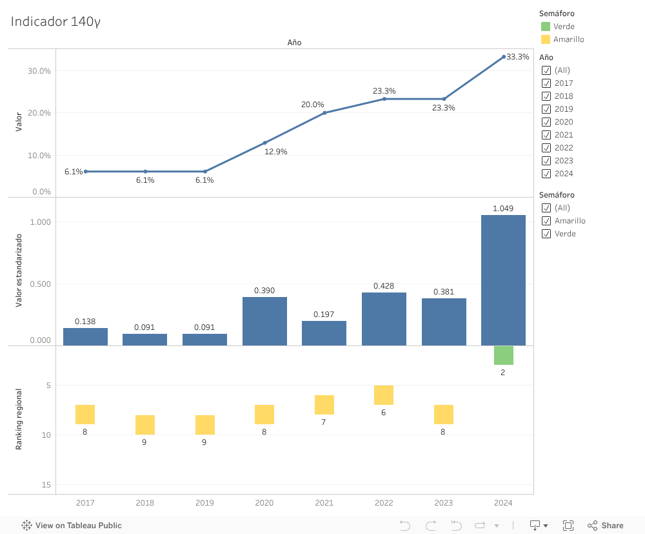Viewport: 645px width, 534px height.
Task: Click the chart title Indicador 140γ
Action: tap(55, 21)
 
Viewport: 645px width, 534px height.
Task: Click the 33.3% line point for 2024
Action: tap(504, 57)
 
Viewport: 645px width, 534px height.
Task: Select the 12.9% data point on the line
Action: tap(264, 143)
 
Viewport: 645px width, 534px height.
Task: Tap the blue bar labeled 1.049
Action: tap(503, 280)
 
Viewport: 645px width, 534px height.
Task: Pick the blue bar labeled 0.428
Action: tap(384, 318)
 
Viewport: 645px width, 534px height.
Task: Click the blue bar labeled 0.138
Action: tap(85, 336)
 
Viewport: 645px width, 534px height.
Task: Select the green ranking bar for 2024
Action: tap(503, 355)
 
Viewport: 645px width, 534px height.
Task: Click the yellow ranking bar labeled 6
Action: tap(384, 395)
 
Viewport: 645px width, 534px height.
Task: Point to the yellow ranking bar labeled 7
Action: tap(324, 404)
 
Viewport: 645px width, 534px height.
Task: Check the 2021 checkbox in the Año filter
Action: tap(546, 135)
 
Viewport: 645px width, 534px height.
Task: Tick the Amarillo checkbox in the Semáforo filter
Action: tap(546, 221)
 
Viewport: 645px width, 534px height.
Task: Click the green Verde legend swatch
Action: tap(546, 26)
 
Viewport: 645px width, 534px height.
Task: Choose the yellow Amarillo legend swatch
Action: tap(546, 39)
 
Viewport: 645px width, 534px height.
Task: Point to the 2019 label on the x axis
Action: tap(204, 503)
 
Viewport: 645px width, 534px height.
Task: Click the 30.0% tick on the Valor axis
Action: tap(39, 71)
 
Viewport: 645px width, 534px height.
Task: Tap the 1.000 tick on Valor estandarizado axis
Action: tap(40, 222)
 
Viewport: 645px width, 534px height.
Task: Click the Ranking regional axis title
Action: tap(19, 419)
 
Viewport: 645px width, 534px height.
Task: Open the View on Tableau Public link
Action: tap(72, 526)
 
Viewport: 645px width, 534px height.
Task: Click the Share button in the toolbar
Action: tap(605, 526)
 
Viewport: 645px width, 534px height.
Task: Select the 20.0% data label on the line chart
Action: tap(312, 105)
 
